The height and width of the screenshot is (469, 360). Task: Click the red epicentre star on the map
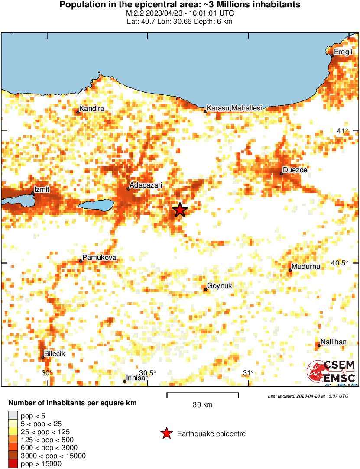click(180, 210)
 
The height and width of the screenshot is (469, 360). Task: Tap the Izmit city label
click(42, 189)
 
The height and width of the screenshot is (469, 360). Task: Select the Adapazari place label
click(146, 185)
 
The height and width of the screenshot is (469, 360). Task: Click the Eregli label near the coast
click(344, 52)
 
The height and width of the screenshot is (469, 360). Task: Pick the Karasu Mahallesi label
click(234, 108)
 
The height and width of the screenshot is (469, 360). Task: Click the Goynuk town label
click(220, 286)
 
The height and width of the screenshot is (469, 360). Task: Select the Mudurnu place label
click(306, 267)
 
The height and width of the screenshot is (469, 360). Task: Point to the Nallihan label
click(334, 342)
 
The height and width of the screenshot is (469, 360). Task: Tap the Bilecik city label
click(55, 354)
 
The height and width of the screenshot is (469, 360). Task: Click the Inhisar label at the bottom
click(137, 378)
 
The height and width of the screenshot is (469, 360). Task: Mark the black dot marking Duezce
click(281, 173)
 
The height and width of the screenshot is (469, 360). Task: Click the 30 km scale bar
click(203, 394)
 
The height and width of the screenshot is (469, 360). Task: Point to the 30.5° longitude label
click(148, 373)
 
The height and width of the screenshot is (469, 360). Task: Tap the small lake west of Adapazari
click(96, 204)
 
